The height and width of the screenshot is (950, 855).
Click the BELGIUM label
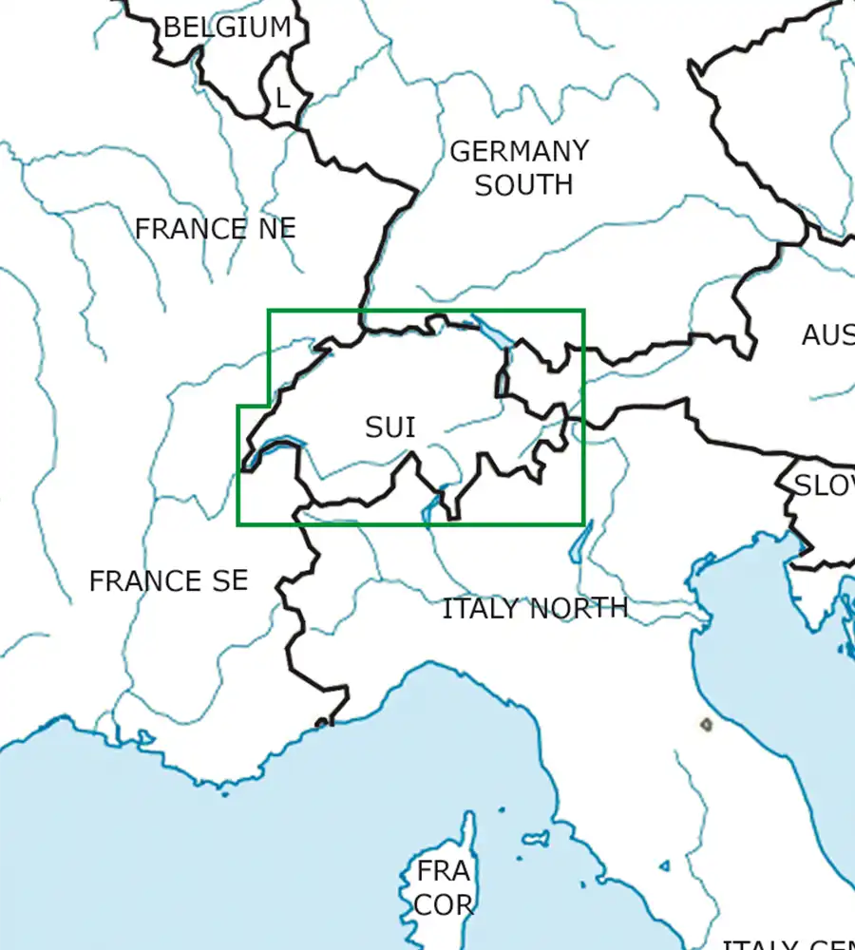[227, 27]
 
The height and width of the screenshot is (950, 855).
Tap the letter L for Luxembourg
[281, 98]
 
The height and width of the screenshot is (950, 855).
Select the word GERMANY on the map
[519, 151]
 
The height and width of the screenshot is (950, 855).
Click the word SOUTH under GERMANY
[523, 184]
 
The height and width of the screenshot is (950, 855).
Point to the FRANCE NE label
[215, 229]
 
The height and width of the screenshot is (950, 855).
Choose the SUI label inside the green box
[390, 427]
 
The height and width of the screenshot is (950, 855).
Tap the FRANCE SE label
[168, 580]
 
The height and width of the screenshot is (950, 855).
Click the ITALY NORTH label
[535, 608]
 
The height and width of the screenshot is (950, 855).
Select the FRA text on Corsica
[443, 870]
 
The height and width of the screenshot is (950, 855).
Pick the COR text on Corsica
[443, 904]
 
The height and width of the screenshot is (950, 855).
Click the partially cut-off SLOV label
[824, 485]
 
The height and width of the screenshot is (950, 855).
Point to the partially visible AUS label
[827, 334]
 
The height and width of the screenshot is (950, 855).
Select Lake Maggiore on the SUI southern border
[434, 507]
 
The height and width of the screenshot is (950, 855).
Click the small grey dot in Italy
[706, 725]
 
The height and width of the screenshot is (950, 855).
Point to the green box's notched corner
[270, 407]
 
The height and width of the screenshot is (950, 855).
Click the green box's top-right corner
[583, 311]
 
